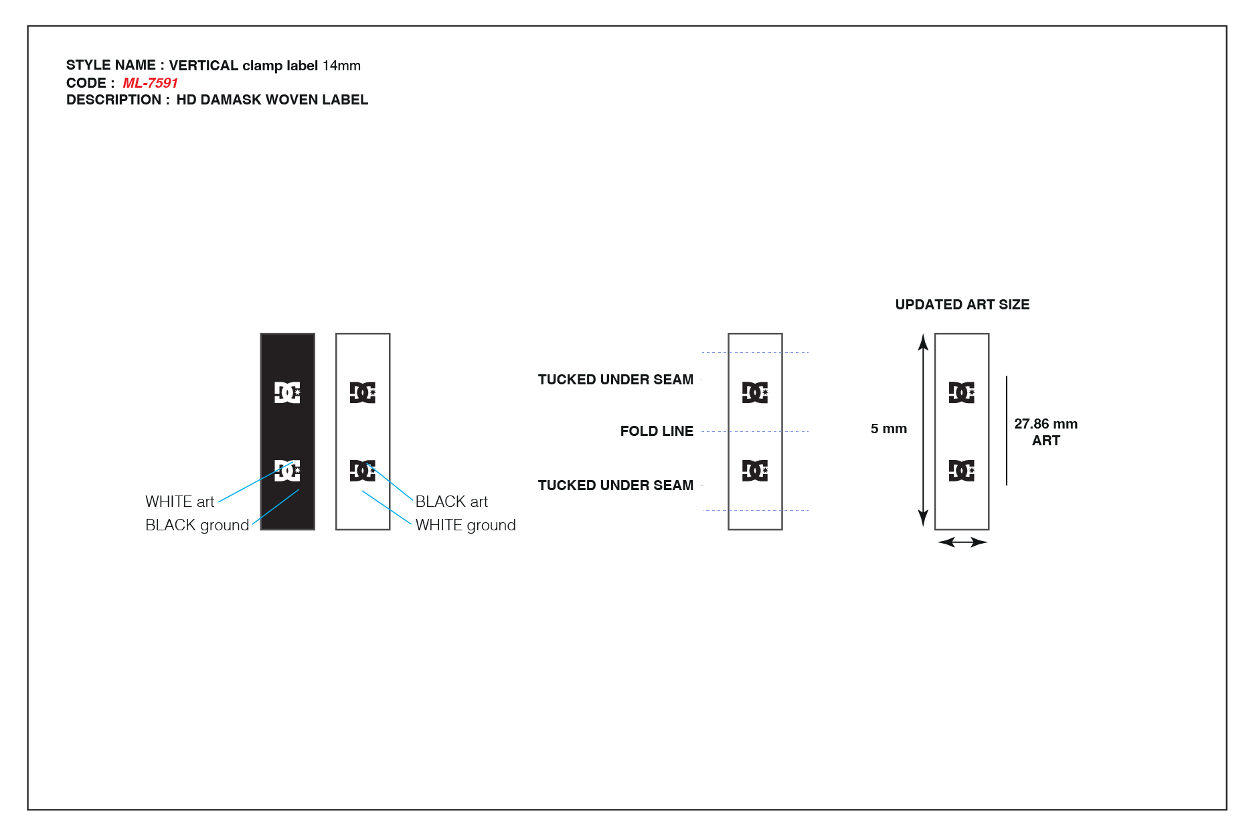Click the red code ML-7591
pos(150,83)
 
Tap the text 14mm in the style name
pos(341,66)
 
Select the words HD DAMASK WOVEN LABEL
pos(272,100)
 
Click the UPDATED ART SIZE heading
pos(962,305)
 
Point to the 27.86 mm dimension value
pos(1045,424)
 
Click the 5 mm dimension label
pos(888,429)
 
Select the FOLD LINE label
pos(657,431)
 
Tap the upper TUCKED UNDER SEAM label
pos(615,380)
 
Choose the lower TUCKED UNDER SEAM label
pos(615,485)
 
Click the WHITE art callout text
pos(179,502)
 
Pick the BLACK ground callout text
pos(197,525)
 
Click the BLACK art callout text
pos(451,502)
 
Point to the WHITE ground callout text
pos(465,525)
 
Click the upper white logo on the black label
pos(287,392)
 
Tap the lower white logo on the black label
pos(287,471)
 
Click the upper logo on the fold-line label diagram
pos(755,392)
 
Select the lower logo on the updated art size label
pos(962,471)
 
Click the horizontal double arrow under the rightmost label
pos(963,542)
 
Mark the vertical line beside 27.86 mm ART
pos(1007,431)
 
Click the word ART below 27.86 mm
pos(1045,441)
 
